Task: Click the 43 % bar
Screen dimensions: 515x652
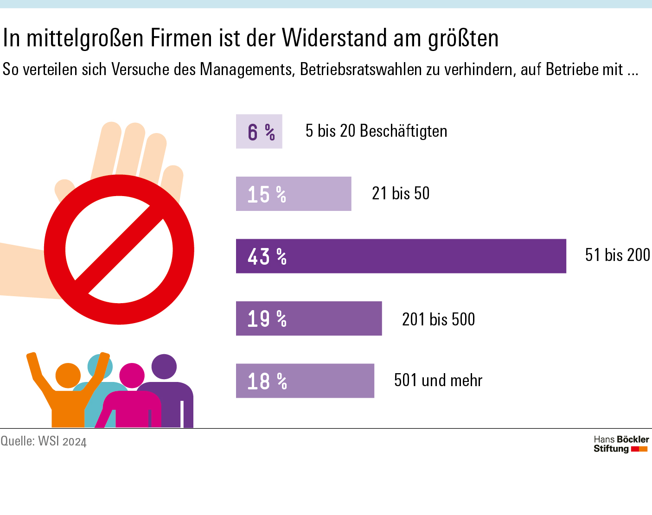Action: [x=401, y=256]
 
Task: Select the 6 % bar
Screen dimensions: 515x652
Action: [x=259, y=131]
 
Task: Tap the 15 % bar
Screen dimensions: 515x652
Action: [x=293, y=194]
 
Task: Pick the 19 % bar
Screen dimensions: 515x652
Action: [x=308, y=318]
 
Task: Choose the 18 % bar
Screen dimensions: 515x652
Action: [x=305, y=381]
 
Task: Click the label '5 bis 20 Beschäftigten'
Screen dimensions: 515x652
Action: [x=376, y=131]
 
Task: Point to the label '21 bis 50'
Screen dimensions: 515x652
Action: [x=401, y=193]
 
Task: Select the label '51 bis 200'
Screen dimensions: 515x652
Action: [x=617, y=255]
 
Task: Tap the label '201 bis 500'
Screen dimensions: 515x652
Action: [x=438, y=319]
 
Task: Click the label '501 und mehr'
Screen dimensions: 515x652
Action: [x=438, y=381]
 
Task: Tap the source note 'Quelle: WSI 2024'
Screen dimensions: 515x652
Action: [x=44, y=441]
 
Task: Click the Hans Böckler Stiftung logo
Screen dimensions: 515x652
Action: [x=621, y=444]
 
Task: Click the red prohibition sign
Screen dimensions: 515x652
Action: [x=119, y=249]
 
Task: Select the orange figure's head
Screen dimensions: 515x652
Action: [x=68, y=375]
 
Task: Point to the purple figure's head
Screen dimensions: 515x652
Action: [x=164, y=366]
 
